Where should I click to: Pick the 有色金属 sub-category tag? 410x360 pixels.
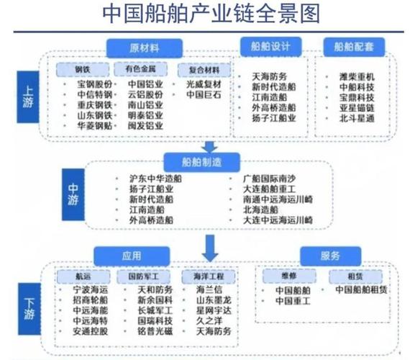pyautogui.click(x=141, y=70)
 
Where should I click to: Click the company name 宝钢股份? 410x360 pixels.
pyautogui.click(x=95, y=84)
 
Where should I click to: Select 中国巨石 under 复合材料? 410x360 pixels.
pyautogui.click(x=204, y=94)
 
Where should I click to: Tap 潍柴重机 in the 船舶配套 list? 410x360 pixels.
pyautogui.click(x=357, y=76)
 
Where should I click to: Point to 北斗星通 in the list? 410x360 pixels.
pyautogui.click(x=357, y=118)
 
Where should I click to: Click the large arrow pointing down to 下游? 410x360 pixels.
pyautogui.click(x=209, y=248)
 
